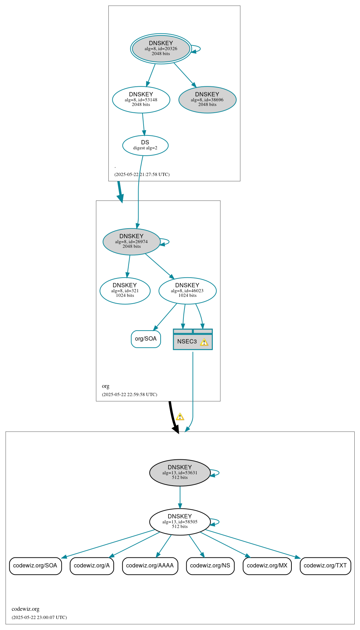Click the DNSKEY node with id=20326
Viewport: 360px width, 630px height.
point(161,49)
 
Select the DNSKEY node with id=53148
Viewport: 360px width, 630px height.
point(141,100)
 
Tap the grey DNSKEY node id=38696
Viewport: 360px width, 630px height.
point(207,100)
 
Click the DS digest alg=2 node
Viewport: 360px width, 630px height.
point(145,145)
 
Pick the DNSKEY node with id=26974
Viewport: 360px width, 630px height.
point(131,242)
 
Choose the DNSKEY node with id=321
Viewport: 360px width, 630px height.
point(125,291)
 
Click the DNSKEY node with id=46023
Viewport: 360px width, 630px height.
point(187,291)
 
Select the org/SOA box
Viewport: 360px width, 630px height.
point(146,339)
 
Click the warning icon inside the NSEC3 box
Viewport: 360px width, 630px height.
point(204,342)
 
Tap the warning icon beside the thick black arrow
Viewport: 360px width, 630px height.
point(180,417)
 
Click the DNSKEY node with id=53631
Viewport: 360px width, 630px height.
point(180,473)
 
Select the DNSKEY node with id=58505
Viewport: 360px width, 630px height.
point(180,522)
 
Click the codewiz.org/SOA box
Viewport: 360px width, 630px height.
point(35,566)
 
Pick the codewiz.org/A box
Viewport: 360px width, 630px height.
point(92,566)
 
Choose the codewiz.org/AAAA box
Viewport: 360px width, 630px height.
point(150,566)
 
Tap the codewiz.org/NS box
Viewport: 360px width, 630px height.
point(210,566)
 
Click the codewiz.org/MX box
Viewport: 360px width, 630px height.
point(267,566)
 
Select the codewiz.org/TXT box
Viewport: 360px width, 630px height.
point(325,566)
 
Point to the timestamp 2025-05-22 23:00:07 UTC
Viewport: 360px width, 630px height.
point(39,618)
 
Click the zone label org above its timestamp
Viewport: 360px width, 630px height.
point(106,386)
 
